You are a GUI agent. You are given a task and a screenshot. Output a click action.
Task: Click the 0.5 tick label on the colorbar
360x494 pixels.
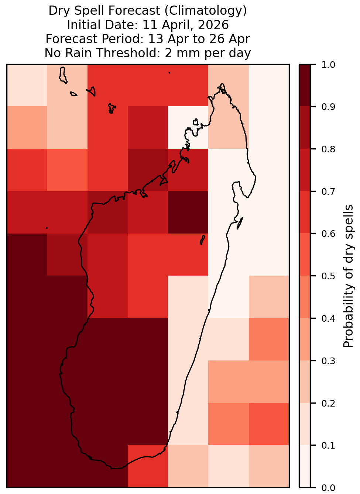pos(328,276)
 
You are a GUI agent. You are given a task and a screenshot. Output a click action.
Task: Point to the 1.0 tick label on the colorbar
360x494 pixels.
pos(328,65)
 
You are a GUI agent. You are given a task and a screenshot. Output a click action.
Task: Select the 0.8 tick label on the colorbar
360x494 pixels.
pos(328,149)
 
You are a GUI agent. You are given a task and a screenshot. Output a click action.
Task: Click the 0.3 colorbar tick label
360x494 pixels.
pos(328,361)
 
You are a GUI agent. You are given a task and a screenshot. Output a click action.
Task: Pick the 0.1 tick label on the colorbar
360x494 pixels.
pos(328,445)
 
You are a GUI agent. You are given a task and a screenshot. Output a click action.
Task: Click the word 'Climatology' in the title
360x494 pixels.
pos(206,11)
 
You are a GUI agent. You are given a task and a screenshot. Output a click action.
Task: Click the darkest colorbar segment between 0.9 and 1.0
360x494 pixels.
pos(305,86)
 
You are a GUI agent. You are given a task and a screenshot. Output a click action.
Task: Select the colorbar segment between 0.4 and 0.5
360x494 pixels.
pos(305,297)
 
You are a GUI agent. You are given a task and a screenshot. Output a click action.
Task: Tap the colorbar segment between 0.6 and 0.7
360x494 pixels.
pos(305,213)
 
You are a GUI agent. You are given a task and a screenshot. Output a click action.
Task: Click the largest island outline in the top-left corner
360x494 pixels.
pos(62,75)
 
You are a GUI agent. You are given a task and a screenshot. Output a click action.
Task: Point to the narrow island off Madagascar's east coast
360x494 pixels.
pos(240,223)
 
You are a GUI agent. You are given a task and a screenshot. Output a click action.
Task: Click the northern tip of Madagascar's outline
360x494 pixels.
pos(222,84)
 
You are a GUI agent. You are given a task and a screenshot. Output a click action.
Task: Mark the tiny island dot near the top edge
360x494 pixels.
pos(169,73)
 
